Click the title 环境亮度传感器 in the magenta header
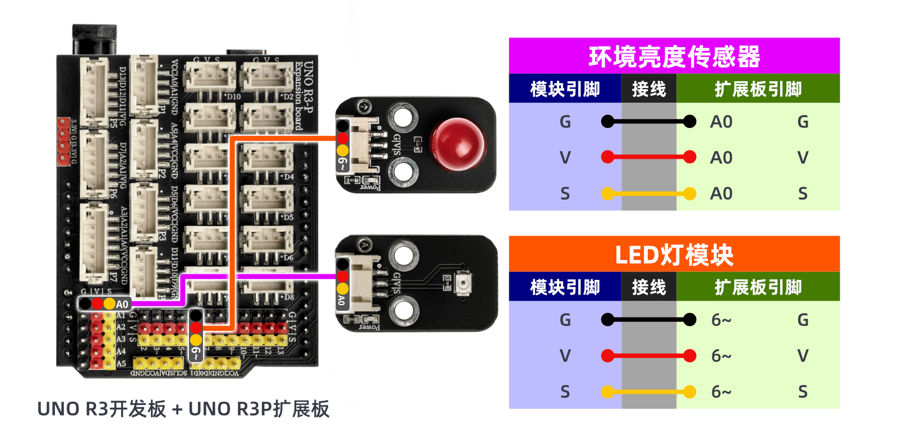coord(674,57)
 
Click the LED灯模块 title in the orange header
coord(674,255)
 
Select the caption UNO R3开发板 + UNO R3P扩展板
coord(183,409)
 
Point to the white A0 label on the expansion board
coord(122,304)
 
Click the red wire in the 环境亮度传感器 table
coord(648,158)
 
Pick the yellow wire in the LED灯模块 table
coord(648,392)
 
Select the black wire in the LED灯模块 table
coord(648,320)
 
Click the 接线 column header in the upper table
coord(649,89)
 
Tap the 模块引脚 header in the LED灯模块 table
coord(565,287)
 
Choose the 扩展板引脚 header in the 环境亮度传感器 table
coord(758,89)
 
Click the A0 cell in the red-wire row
coord(721,158)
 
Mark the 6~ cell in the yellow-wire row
coord(721,392)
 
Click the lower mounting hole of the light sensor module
coord(403,310)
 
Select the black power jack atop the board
coord(94,39)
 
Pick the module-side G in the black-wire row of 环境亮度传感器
coord(565,122)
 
